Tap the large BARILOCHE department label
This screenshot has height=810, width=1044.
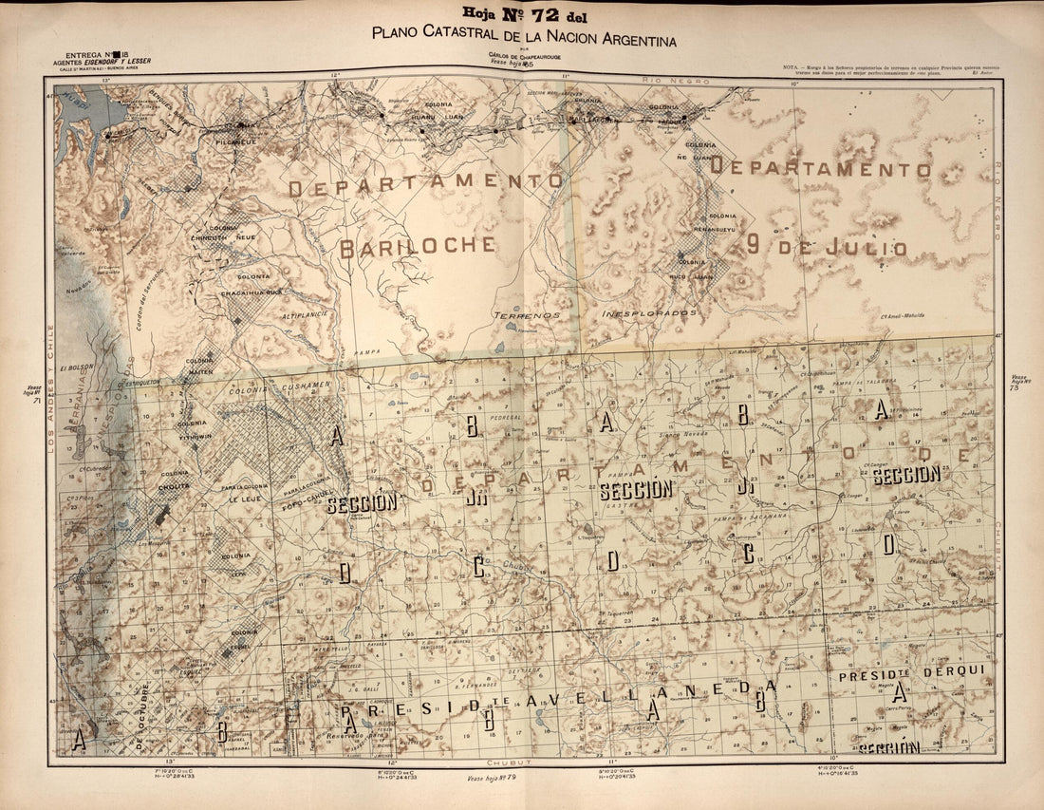click(418, 246)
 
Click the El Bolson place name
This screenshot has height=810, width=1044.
click(78, 366)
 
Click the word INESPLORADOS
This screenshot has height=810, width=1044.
click(649, 312)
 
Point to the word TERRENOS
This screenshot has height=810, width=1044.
click(526, 313)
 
